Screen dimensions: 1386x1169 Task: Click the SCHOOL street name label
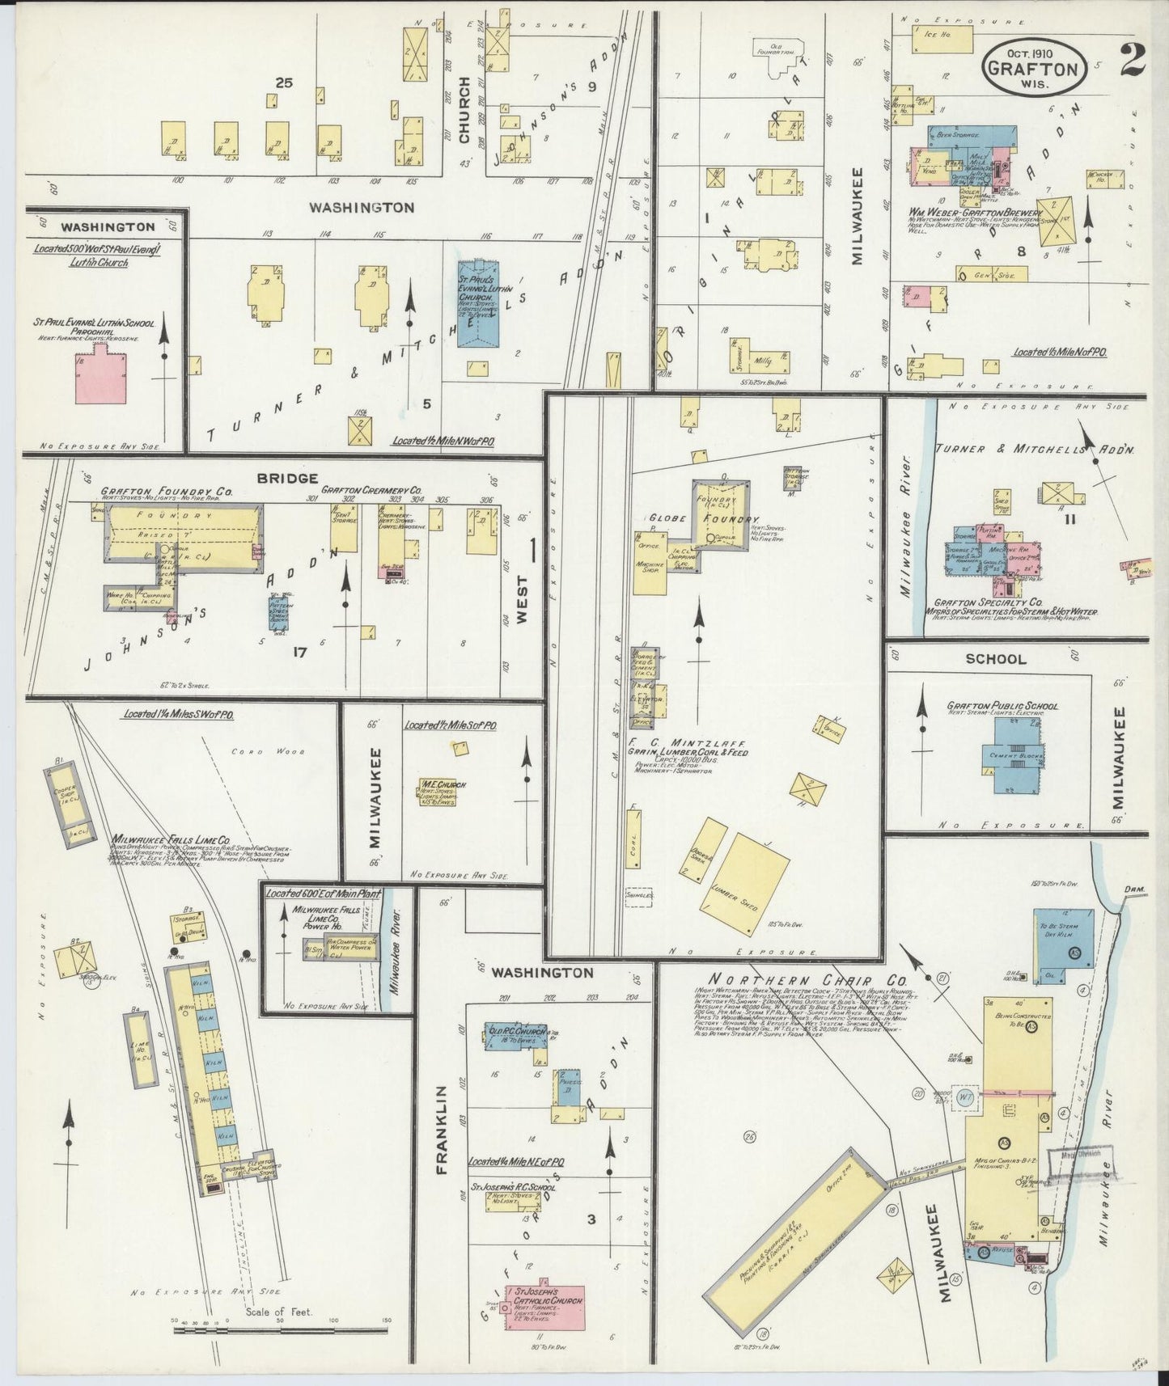click(x=996, y=659)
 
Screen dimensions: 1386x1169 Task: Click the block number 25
click(x=282, y=82)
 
